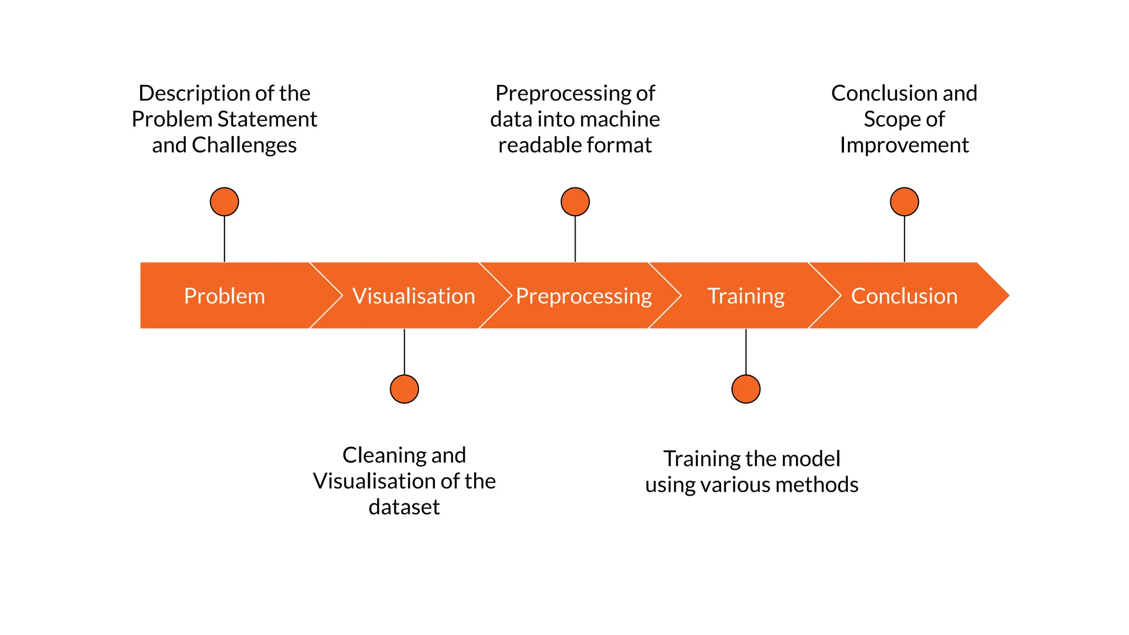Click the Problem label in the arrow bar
(x=224, y=296)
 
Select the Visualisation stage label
(x=413, y=296)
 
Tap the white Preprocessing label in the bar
(x=583, y=296)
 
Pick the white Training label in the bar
(x=746, y=296)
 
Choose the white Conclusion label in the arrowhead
(x=904, y=296)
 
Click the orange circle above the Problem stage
(x=224, y=202)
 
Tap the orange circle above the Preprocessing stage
(x=575, y=202)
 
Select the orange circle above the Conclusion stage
(x=904, y=202)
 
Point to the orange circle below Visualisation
(x=404, y=389)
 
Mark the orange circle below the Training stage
(x=746, y=389)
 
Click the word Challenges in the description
(x=244, y=146)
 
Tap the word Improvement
(x=904, y=146)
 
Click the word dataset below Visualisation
(x=404, y=507)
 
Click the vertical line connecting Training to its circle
(x=746, y=352)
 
